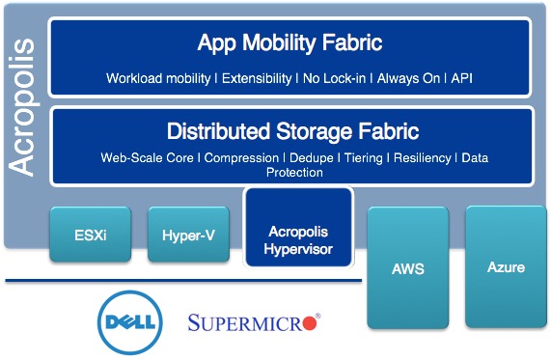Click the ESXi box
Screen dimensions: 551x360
point(91,235)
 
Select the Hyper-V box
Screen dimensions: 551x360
point(189,235)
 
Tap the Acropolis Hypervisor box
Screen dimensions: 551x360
point(298,227)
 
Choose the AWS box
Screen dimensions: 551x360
point(408,268)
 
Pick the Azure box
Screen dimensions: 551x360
point(506,266)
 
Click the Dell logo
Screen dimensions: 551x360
point(130,322)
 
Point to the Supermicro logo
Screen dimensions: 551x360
point(254,322)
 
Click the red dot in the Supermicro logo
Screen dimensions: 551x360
point(309,323)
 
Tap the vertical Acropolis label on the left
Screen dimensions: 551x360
point(22,107)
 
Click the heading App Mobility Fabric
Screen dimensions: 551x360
point(289,42)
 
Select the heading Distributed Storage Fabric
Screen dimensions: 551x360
point(292,131)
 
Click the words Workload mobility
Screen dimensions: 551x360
point(158,78)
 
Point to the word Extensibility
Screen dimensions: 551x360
point(257,78)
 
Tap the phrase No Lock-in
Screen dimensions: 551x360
point(334,78)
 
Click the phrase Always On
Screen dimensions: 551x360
point(408,78)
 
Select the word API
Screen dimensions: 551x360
point(462,78)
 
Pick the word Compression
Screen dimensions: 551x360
point(241,158)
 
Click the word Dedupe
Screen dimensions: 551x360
point(312,158)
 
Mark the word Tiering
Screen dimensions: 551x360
point(364,158)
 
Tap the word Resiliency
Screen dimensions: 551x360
point(422,158)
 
